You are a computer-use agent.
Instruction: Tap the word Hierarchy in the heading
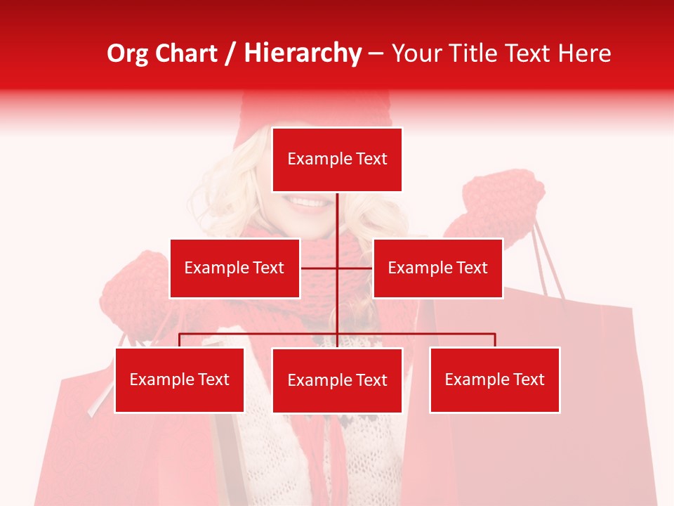click(x=303, y=53)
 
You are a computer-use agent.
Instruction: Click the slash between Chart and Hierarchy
click(x=230, y=53)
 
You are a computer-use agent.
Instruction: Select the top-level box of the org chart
click(x=337, y=160)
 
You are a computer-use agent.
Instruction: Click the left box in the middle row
click(x=234, y=268)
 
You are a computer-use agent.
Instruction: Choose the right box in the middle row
click(x=437, y=268)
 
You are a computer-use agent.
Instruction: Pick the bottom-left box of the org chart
click(x=180, y=379)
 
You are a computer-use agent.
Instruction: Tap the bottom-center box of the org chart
click(x=337, y=380)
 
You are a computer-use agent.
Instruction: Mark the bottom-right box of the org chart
click(x=494, y=379)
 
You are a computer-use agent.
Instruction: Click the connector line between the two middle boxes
click(x=337, y=268)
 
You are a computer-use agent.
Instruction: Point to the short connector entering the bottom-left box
click(x=180, y=340)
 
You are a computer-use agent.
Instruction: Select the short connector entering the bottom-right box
click(x=494, y=340)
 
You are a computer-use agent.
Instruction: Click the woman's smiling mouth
click(x=308, y=203)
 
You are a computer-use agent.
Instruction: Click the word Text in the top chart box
click(x=371, y=159)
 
